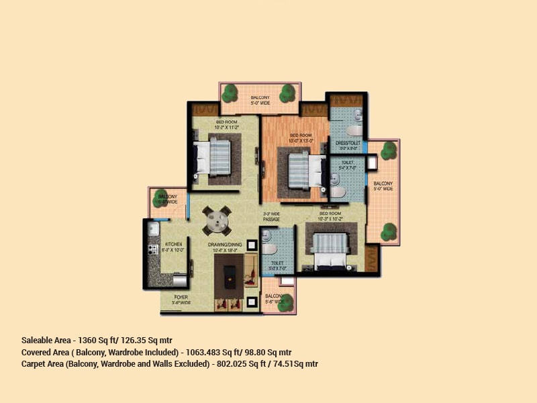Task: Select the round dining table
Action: (216, 219)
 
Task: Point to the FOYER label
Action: (181, 296)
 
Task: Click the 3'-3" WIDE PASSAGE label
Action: (271, 217)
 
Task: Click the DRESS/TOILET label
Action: (348, 142)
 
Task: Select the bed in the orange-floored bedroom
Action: (298, 170)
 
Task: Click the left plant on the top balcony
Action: (230, 92)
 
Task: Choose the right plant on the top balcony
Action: (288, 93)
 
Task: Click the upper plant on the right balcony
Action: (388, 151)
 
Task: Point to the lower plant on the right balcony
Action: (388, 232)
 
